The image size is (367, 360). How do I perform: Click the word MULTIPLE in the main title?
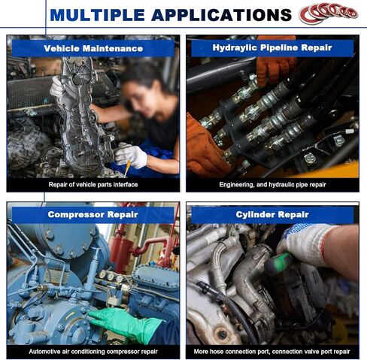pos(98,15)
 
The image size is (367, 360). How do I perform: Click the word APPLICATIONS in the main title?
pos(222,15)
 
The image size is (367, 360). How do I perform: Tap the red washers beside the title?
pos(329,13)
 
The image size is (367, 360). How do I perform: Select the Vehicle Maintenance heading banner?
pos(93,48)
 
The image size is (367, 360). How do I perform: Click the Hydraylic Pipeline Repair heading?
pos(272,47)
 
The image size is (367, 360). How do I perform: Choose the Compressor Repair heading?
pos(93,214)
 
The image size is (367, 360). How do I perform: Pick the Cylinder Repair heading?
pos(272,214)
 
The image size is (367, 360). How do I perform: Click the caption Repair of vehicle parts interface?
pos(93,185)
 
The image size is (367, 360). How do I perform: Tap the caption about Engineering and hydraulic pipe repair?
pos(272,185)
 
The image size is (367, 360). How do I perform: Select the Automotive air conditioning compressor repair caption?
pos(93,352)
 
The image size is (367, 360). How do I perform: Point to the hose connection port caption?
pos(272,352)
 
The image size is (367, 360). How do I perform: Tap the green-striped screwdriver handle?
pos(278,264)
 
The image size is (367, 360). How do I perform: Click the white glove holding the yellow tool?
pos(131,155)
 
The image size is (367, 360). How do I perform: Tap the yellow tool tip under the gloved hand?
pos(127,168)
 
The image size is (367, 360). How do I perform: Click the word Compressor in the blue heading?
pos(75,214)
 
